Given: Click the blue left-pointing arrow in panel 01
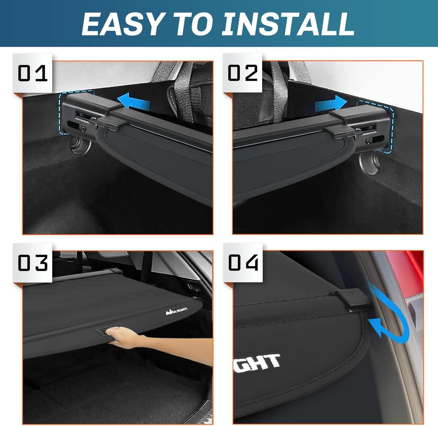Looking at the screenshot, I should [133, 103].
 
